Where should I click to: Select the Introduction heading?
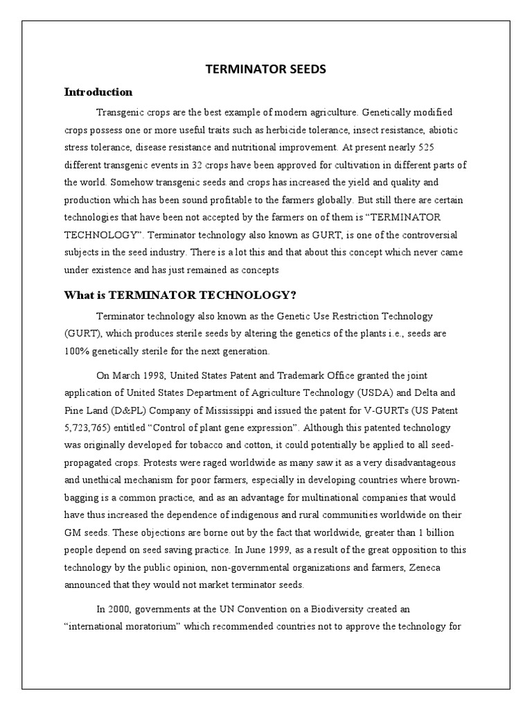(x=98, y=92)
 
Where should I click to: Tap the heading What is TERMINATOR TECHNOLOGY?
(x=180, y=295)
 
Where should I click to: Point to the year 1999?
(x=278, y=549)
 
